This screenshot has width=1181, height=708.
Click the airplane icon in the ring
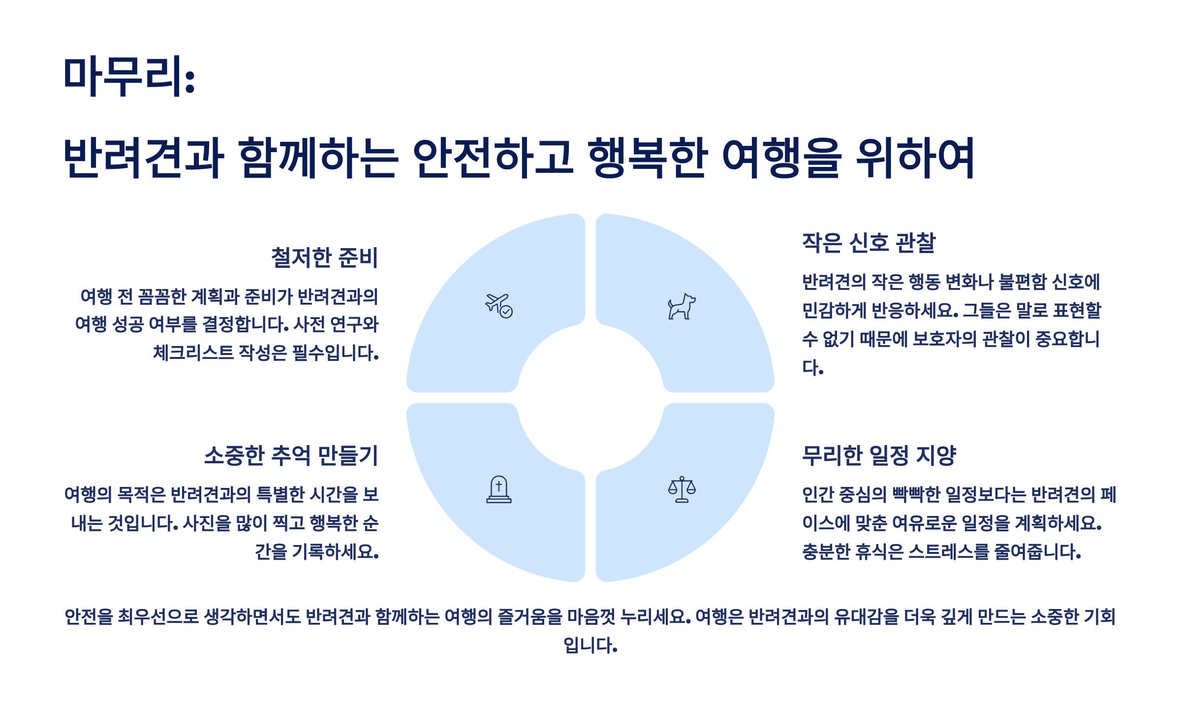click(498, 306)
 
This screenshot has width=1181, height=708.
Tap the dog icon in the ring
click(682, 307)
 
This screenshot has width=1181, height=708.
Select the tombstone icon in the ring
click(498, 489)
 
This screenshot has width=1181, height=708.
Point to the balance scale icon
click(682, 489)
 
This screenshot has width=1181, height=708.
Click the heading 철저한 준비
click(324, 257)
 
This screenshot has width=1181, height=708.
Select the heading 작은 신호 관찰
click(869, 243)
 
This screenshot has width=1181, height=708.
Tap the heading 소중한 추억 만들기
click(291, 455)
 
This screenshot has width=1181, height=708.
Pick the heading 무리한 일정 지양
click(879, 455)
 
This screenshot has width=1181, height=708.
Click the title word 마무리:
click(129, 76)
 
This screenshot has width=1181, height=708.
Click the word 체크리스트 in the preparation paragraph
click(193, 353)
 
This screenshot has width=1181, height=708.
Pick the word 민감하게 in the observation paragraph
click(834, 311)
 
